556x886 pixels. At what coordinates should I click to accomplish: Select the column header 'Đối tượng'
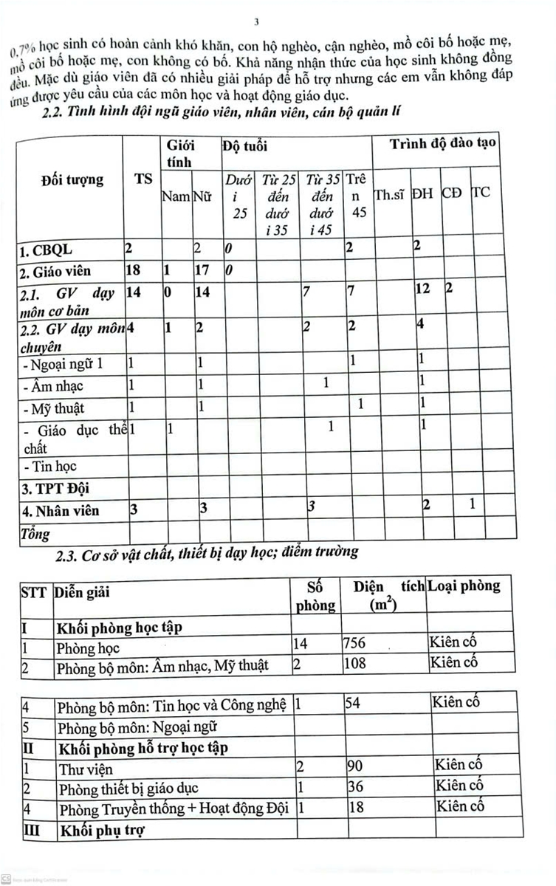(x=72, y=179)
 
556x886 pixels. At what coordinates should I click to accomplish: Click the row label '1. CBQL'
(x=46, y=250)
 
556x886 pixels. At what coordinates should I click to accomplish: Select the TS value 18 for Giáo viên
(x=134, y=270)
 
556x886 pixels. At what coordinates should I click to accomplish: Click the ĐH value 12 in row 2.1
(x=422, y=290)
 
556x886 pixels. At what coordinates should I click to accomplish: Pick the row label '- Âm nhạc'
(x=52, y=385)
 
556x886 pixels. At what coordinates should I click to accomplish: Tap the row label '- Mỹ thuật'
(x=53, y=408)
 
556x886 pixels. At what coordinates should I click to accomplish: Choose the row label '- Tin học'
(x=49, y=467)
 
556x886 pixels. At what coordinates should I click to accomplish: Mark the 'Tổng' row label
(x=37, y=532)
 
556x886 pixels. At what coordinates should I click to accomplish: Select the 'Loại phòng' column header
(x=464, y=586)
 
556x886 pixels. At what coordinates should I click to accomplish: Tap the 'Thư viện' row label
(x=85, y=769)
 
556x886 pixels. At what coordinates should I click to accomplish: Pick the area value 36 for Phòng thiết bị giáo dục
(x=355, y=788)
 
